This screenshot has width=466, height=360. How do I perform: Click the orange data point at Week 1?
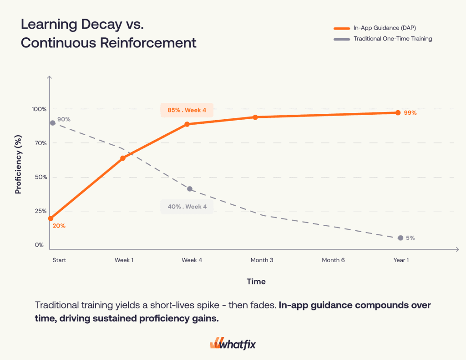point(122,158)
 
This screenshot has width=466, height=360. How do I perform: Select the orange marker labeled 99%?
point(398,112)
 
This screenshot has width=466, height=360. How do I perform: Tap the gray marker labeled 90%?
point(53,123)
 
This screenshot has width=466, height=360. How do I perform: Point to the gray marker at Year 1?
point(400,238)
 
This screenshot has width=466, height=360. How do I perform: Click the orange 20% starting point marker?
point(51,218)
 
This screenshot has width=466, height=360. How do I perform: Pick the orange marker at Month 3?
point(255,117)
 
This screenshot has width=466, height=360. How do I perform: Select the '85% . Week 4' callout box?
point(187,110)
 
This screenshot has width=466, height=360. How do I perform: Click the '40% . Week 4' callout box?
point(187,207)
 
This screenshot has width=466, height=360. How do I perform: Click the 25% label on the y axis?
point(40,211)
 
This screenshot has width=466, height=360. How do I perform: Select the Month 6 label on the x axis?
point(333,260)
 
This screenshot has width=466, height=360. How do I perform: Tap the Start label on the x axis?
point(59,260)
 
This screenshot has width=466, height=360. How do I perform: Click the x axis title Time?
point(256,281)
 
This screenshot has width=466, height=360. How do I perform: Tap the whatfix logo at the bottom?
point(233,344)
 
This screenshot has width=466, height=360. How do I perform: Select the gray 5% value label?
point(410,238)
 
